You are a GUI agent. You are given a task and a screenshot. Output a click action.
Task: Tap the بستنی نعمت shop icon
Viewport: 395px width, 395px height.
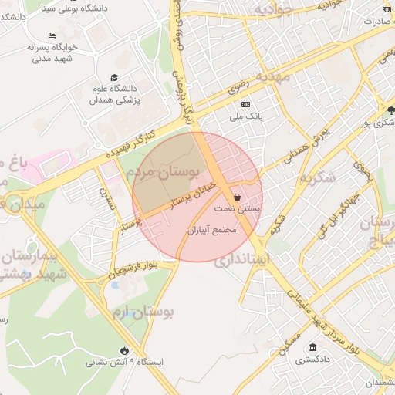pos(237,197)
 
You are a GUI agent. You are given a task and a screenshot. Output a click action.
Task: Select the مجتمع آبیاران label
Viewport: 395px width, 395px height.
pos(211,230)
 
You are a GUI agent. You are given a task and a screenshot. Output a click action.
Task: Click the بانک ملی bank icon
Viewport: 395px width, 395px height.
pos(246,104)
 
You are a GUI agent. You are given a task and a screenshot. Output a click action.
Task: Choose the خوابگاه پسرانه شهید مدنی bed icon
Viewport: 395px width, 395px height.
pos(52,35)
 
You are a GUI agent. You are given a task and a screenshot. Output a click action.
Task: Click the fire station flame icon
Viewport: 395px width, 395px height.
pos(124,350)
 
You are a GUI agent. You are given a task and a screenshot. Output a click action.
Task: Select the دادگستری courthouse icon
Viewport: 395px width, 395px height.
pos(312,348)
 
